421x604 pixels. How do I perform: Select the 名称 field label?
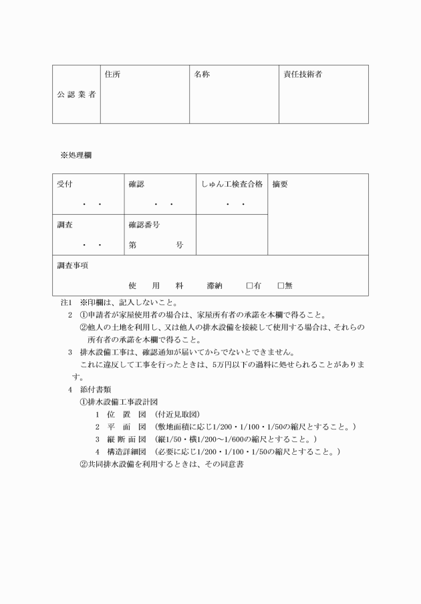click(202, 74)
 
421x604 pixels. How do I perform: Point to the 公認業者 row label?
click(76, 94)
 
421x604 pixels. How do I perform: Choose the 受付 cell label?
click(65, 183)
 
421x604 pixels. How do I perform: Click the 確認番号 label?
click(144, 225)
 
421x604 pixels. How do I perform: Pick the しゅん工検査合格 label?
click(231, 183)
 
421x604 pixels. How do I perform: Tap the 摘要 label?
click(280, 183)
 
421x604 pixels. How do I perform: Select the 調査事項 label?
click(73, 266)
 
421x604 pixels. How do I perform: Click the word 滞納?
click(215, 286)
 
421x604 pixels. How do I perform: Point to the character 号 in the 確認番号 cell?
click(179, 245)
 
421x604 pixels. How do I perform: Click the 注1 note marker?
click(65, 302)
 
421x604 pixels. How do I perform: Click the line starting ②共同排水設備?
click(160, 464)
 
